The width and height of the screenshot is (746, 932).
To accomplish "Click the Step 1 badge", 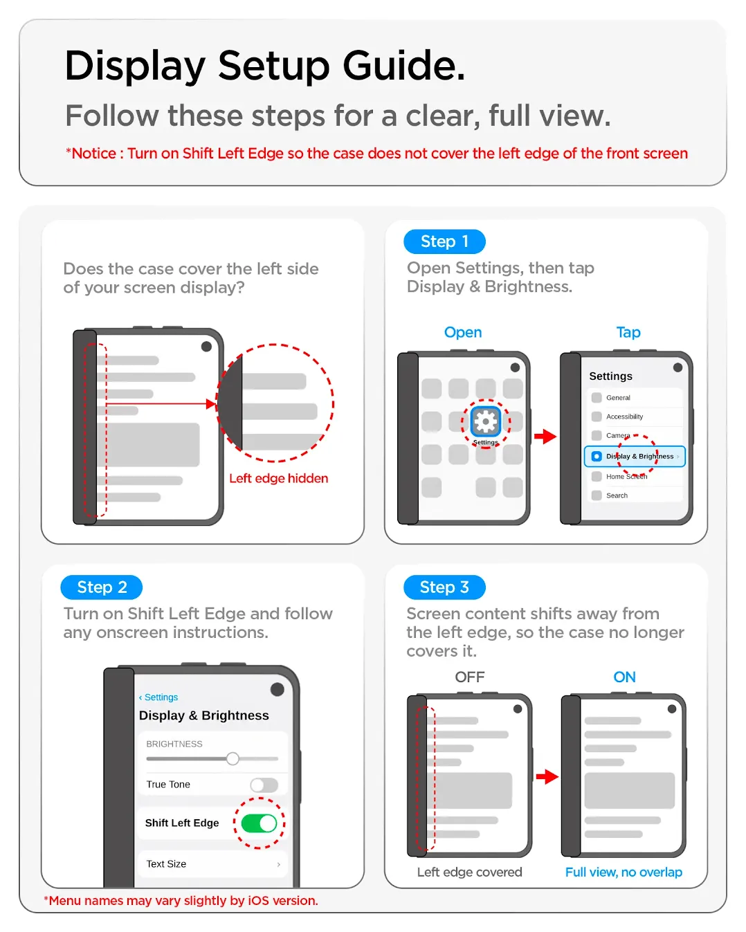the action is click(x=444, y=241).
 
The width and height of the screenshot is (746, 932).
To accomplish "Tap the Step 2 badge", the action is click(x=101, y=587).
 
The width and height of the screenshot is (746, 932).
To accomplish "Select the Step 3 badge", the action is click(x=444, y=587).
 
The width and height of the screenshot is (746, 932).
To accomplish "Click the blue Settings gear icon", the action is click(x=485, y=421).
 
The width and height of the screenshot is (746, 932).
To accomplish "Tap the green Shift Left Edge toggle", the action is click(x=259, y=823).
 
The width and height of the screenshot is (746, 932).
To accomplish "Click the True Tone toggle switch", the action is click(x=264, y=785).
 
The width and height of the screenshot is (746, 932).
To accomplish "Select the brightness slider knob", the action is click(x=233, y=758).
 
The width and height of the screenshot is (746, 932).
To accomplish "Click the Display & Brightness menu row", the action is click(x=634, y=456).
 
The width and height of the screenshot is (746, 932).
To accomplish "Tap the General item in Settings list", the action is click(x=618, y=398).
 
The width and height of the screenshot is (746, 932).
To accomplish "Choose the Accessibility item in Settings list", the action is click(x=624, y=417).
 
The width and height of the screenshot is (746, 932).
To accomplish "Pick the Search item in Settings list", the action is click(x=617, y=495).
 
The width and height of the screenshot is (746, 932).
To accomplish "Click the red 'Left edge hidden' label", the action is click(x=279, y=478).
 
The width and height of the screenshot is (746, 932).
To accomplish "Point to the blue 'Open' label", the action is click(x=463, y=332).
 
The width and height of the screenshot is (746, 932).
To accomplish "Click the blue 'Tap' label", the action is click(x=628, y=332).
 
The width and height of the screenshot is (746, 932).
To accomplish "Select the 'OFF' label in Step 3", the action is click(x=470, y=677).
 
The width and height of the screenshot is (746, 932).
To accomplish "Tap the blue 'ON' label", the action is click(x=624, y=677).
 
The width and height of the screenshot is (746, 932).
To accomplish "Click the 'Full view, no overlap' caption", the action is click(x=624, y=872).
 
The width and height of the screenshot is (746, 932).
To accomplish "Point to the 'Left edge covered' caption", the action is click(x=469, y=872).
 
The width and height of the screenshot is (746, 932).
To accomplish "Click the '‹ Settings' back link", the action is click(x=158, y=697).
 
